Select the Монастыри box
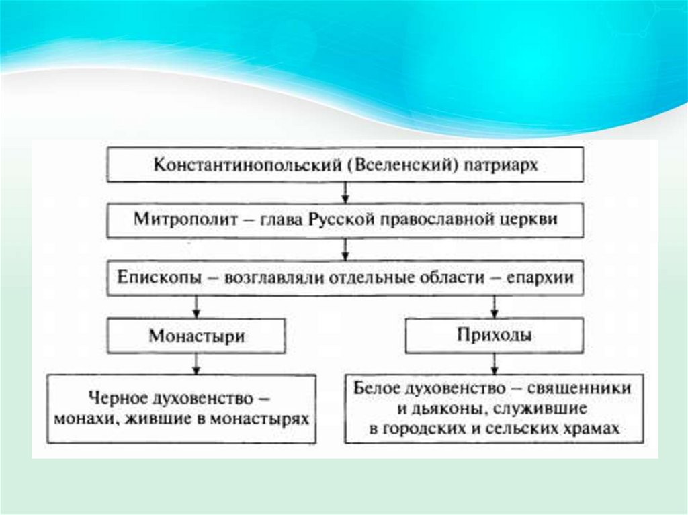[x=196, y=336]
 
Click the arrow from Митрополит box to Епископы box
[x=345, y=249]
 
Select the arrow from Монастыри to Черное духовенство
[x=196, y=363]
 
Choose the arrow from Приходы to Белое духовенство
[x=494, y=363]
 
